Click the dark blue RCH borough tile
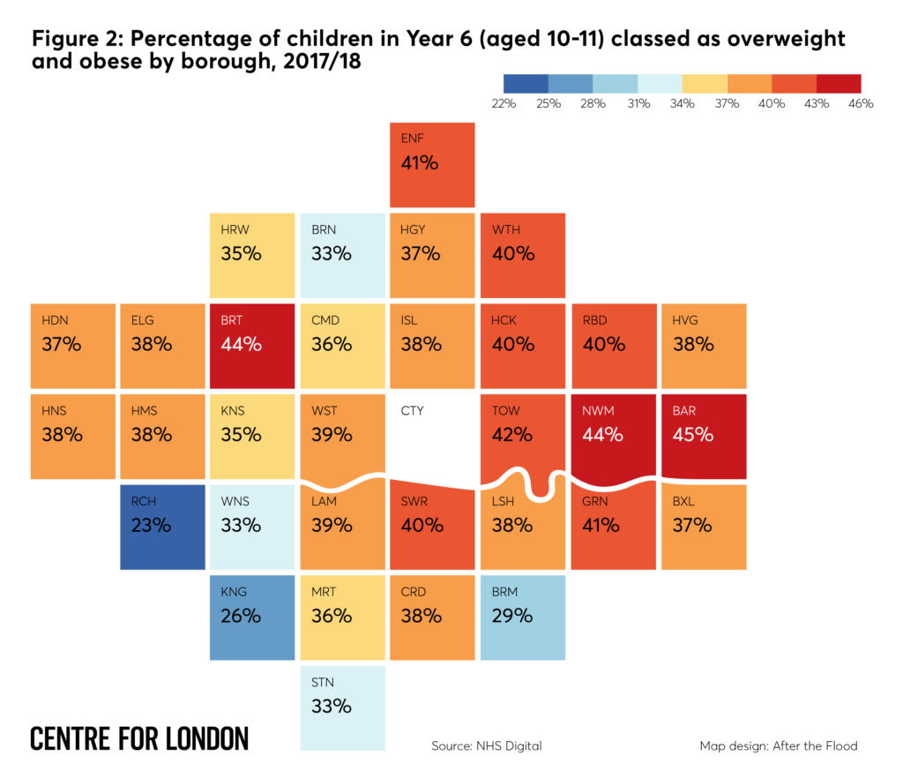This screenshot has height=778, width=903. click(162, 527)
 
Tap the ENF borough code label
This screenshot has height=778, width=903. click(412, 139)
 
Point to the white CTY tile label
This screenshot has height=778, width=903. click(412, 411)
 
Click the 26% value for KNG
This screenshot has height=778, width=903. click(241, 616)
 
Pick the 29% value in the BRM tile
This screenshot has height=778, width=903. click(511, 616)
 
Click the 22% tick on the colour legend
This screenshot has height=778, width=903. click(504, 104)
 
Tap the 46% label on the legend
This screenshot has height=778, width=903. click(860, 104)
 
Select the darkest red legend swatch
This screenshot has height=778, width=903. click(838, 84)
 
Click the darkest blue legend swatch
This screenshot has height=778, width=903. click(526, 84)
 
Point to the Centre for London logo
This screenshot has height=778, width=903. click(139, 739)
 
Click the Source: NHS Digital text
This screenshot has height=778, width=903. click(486, 746)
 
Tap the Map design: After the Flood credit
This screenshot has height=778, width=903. click(778, 746)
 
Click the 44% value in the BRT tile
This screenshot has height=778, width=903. click(241, 344)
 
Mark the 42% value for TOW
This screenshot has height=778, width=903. click(511, 435)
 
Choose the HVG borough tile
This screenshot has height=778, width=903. click(704, 346)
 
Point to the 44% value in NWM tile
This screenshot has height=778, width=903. click(602, 435)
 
